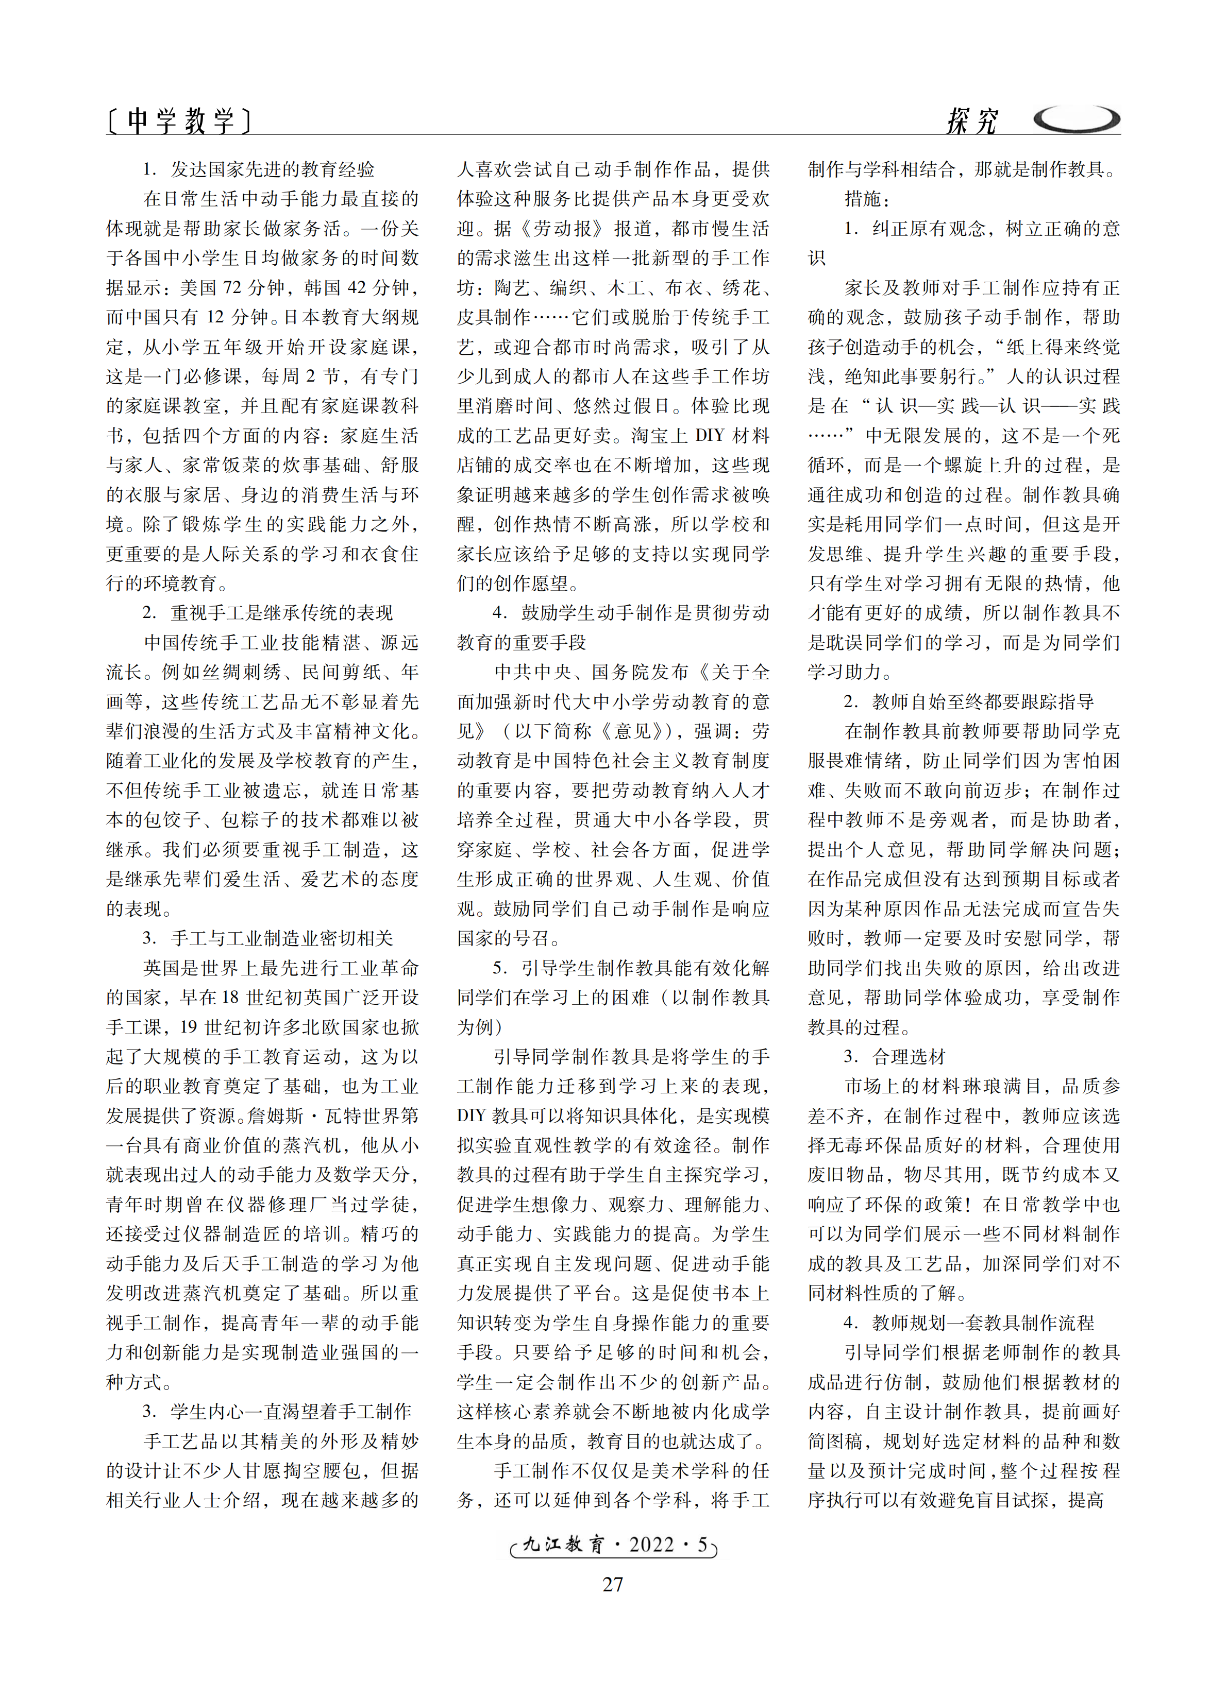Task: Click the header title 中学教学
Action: point(180,120)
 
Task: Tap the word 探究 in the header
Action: point(972,121)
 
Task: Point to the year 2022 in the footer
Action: point(651,1544)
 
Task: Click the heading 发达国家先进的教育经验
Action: point(273,169)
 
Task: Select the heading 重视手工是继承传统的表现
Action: point(282,613)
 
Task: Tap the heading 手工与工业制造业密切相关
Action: point(282,938)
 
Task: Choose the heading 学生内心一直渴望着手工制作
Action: point(291,1411)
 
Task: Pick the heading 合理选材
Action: point(909,1056)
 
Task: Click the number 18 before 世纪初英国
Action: point(230,997)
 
